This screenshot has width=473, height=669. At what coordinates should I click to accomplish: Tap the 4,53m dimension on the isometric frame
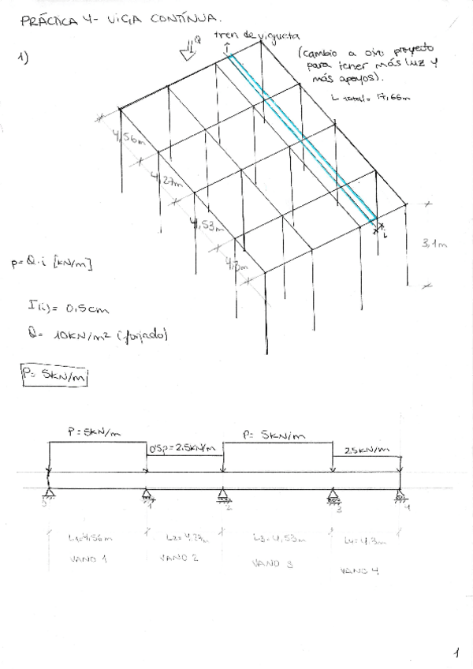pos(207,226)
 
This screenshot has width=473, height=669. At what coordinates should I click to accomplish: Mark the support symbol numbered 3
pos(335,496)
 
